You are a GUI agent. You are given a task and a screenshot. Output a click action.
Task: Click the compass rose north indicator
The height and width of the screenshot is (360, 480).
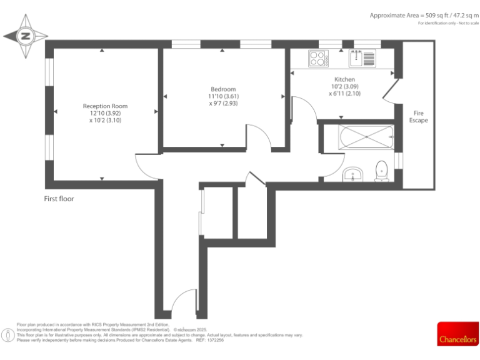pos(26,36)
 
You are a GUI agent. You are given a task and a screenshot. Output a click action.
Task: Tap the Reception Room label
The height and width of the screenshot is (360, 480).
pos(105,106)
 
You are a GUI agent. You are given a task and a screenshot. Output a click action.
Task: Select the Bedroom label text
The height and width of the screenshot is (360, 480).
pos(223,89)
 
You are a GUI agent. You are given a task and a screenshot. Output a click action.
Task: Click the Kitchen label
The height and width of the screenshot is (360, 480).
pos(344,80)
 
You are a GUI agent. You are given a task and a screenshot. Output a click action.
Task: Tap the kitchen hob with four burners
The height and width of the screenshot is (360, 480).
pos(318,58)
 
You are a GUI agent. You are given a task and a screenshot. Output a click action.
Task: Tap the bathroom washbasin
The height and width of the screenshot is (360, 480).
pos(353,174)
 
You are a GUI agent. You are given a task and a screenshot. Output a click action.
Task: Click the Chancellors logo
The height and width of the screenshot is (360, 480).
pos(457,334)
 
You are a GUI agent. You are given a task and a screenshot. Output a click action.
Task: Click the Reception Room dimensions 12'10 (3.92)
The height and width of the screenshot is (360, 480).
pos(105,113)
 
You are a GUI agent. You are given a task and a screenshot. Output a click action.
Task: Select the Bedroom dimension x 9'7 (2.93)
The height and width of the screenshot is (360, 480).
pos(223,103)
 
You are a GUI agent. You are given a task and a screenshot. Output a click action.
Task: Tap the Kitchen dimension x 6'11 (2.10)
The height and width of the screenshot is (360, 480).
pos(344,94)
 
